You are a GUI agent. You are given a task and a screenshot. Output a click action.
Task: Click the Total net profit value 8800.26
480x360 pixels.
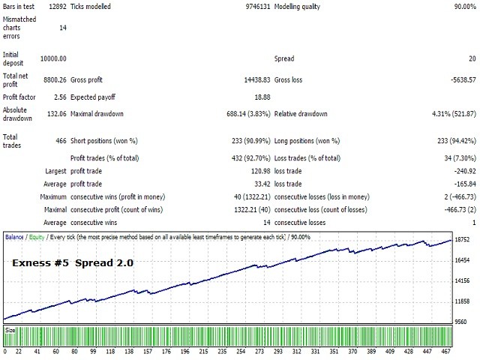tap(52, 76)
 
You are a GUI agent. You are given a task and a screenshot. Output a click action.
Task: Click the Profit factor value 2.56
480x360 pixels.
tap(58, 96)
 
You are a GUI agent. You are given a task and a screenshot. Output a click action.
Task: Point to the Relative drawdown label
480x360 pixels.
tap(301, 114)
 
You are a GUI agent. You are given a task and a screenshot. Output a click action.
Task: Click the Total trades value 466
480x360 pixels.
tap(59, 137)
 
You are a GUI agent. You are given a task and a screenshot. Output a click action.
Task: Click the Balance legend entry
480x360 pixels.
tap(14, 237)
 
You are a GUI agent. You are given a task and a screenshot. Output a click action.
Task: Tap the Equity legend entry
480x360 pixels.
tap(34, 237)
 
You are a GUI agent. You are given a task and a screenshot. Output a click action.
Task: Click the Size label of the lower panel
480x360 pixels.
tap(10, 329)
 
